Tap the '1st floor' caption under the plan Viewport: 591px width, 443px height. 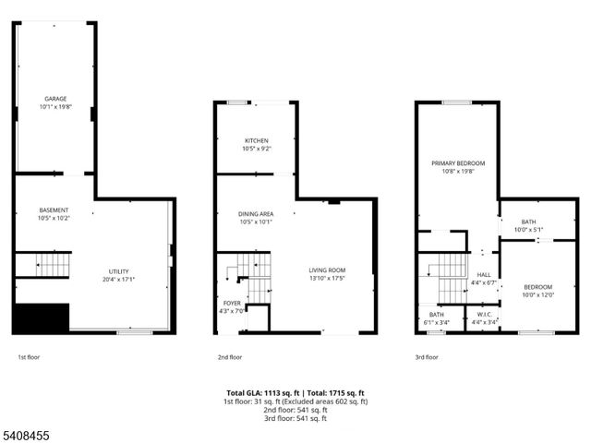click(x=29, y=356)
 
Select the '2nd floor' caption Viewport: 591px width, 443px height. click(x=230, y=356)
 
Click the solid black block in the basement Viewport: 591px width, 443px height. click(x=42, y=318)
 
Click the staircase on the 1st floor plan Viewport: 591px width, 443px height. click(x=54, y=266)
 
